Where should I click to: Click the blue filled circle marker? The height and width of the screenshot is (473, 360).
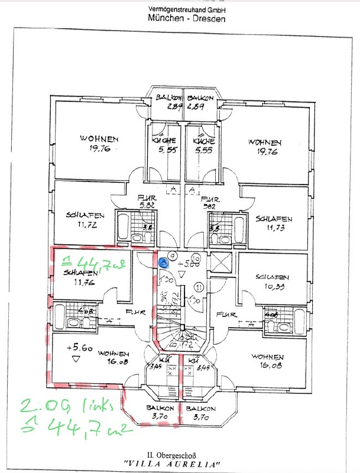click(x=163, y=263)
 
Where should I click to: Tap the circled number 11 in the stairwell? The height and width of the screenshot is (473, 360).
click(x=199, y=288)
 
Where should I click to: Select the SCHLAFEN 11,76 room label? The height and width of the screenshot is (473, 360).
click(x=82, y=277)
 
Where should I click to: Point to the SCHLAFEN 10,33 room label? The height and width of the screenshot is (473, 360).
click(x=273, y=281)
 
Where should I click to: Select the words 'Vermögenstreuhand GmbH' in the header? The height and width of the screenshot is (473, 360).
click(x=186, y=10)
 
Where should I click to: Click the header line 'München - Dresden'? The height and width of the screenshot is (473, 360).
click(x=186, y=19)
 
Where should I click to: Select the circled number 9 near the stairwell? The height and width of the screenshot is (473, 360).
click(x=171, y=254)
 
